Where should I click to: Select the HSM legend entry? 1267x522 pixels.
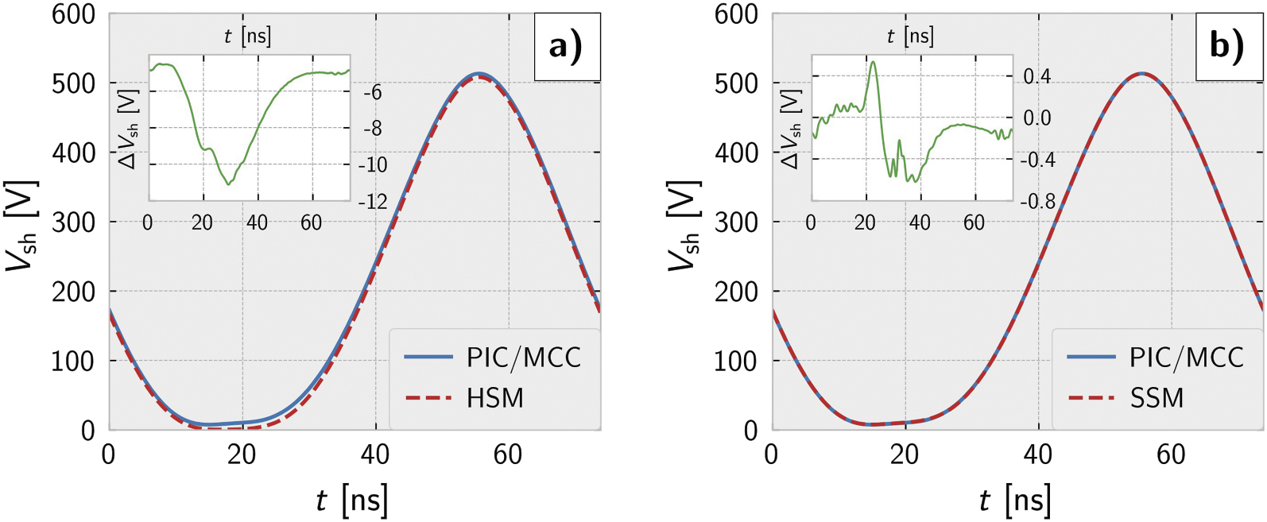(x=494, y=397)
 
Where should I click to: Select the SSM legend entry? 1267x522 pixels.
(x=1157, y=397)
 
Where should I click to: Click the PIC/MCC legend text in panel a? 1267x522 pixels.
(x=523, y=358)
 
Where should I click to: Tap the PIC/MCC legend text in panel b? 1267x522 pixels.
(x=1186, y=358)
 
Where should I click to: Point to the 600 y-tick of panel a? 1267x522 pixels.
(x=73, y=14)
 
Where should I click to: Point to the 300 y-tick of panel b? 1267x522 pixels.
(x=736, y=222)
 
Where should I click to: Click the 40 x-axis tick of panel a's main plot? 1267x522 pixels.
(x=374, y=454)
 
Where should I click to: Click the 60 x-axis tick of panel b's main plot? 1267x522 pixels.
(x=1171, y=454)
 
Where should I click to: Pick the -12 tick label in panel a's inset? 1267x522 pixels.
(x=373, y=202)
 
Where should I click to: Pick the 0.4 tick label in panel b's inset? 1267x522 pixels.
(x=1036, y=77)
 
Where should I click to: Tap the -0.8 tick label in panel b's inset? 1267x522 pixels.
(x=1037, y=202)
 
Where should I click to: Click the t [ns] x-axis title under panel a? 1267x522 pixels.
(x=351, y=501)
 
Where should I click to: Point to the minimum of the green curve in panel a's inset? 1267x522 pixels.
(x=229, y=184)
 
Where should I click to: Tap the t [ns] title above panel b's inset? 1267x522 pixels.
(x=910, y=37)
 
